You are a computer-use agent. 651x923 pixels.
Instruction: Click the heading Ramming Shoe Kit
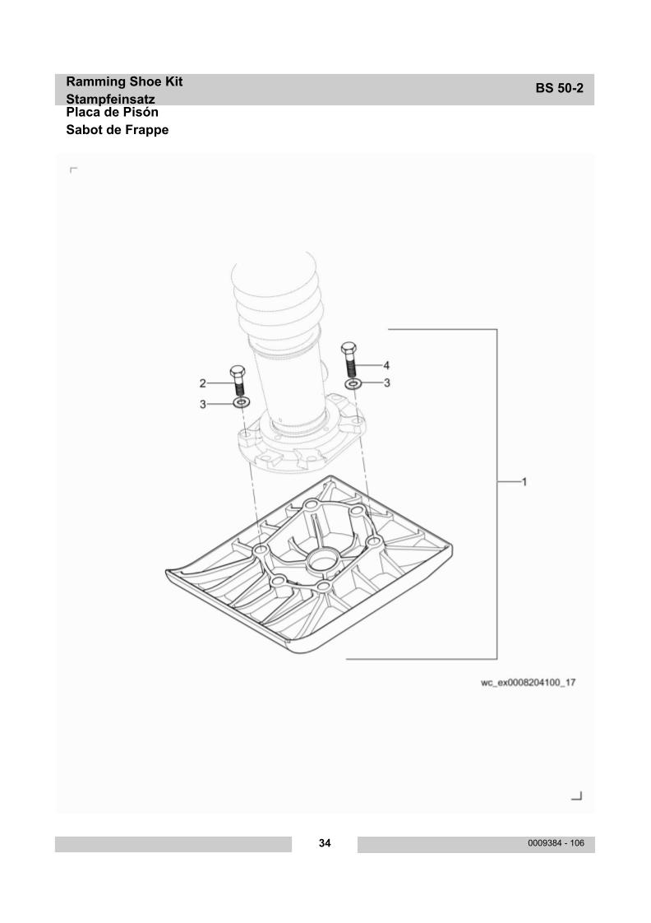pos(124,81)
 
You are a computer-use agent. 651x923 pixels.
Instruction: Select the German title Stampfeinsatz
pos(110,99)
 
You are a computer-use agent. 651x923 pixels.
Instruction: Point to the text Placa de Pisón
pos(112,112)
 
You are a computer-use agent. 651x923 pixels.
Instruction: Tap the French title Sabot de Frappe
pos(117,130)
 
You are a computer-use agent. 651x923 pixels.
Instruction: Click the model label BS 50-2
pos(559,88)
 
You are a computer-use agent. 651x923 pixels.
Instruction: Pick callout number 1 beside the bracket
pos(524,482)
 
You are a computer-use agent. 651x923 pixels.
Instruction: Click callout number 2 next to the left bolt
pos(203,383)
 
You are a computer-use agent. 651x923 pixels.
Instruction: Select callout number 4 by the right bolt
pos(386,365)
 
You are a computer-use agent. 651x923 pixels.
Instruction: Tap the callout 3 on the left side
pos(203,405)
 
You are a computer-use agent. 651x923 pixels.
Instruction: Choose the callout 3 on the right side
pos(386,383)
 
